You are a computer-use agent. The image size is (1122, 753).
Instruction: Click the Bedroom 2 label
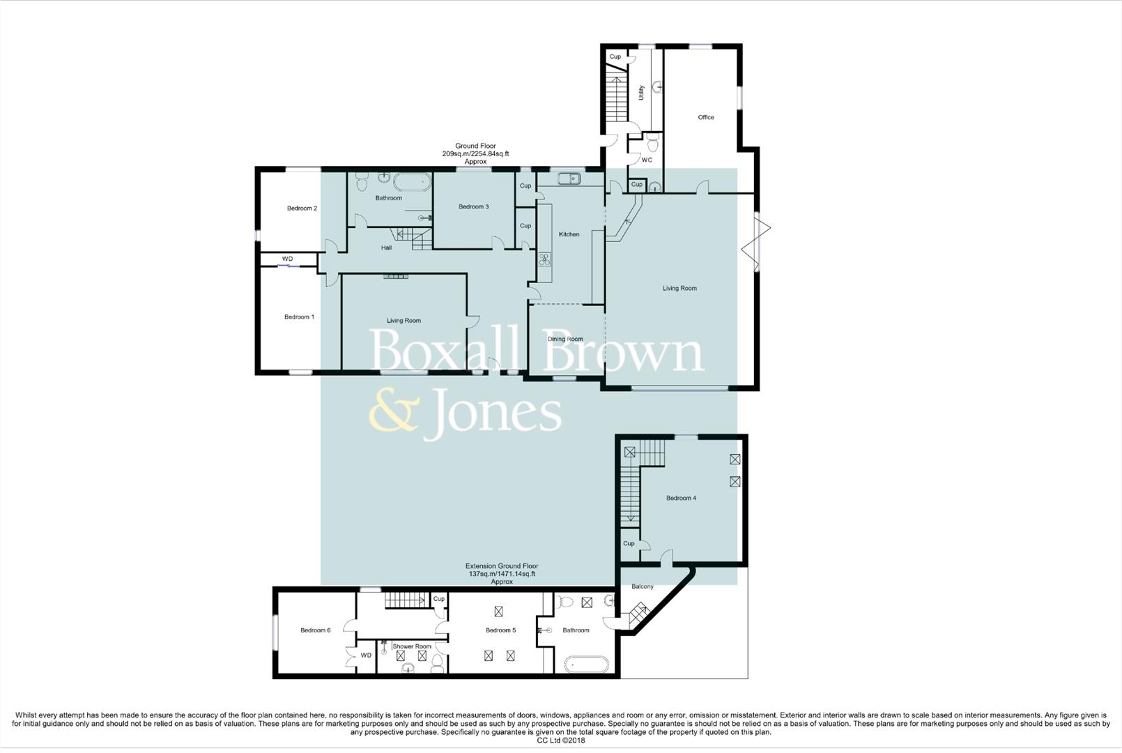[x=302, y=208]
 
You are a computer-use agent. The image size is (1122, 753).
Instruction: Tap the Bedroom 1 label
[x=299, y=317]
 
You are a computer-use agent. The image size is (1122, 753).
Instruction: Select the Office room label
[x=706, y=117]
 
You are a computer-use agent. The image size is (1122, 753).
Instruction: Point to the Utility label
[x=641, y=93]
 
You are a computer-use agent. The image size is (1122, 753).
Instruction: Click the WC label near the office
[x=647, y=160]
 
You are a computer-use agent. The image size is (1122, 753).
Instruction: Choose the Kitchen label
[x=569, y=234]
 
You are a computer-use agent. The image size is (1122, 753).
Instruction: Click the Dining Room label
[x=565, y=340]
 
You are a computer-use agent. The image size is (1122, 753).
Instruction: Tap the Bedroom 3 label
[x=473, y=207]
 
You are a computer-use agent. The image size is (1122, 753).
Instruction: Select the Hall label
[x=386, y=248]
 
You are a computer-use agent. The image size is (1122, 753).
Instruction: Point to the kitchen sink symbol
[x=569, y=178]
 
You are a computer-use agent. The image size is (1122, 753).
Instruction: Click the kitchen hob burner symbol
[x=544, y=260]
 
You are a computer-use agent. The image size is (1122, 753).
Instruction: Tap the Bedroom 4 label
[x=681, y=498]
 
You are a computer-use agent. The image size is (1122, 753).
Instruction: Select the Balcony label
[x=643, y=586]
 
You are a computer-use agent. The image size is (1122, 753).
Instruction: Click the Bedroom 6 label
[x=315, y=630]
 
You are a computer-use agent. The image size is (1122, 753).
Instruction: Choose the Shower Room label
[x=412, y=646]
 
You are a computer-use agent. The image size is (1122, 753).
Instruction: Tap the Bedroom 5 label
[x=500, y=630]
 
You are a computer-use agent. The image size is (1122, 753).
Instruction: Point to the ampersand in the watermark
[x=393, y=413]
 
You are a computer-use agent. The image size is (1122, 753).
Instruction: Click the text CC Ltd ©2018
[x=560, y=740]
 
